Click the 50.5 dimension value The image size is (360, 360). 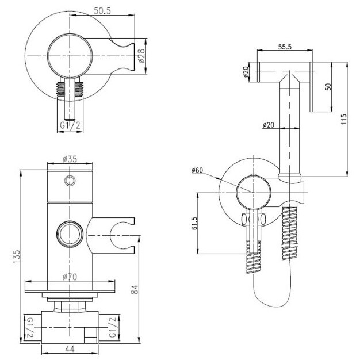102,10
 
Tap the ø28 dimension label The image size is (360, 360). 141,56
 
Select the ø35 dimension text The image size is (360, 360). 70,159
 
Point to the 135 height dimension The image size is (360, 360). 17,257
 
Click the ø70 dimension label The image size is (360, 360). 70,277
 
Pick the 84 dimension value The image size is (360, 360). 135,289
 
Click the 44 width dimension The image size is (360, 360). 70,349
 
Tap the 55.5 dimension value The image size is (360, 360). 285,47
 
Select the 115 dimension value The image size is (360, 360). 343,119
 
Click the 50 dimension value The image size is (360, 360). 329,87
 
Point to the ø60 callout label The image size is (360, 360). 197,170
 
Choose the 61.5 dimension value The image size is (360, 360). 194,223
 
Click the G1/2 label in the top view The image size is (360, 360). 70,125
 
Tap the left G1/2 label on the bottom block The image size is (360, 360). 30,327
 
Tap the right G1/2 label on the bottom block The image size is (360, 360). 113,327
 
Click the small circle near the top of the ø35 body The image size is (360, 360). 70,181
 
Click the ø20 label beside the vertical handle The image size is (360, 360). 269,125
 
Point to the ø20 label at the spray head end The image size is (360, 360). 246,71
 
